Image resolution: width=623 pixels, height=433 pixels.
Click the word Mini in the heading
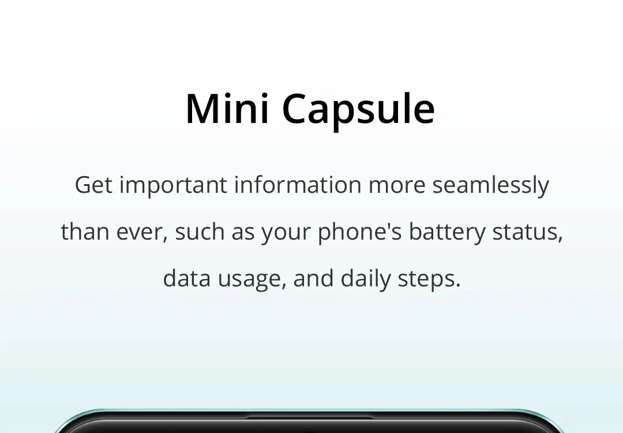228,108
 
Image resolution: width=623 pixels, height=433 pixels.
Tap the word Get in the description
94,185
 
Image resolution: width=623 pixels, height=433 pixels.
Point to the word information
298,185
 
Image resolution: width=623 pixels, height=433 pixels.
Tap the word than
85,231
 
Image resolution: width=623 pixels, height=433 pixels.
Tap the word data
187,278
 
